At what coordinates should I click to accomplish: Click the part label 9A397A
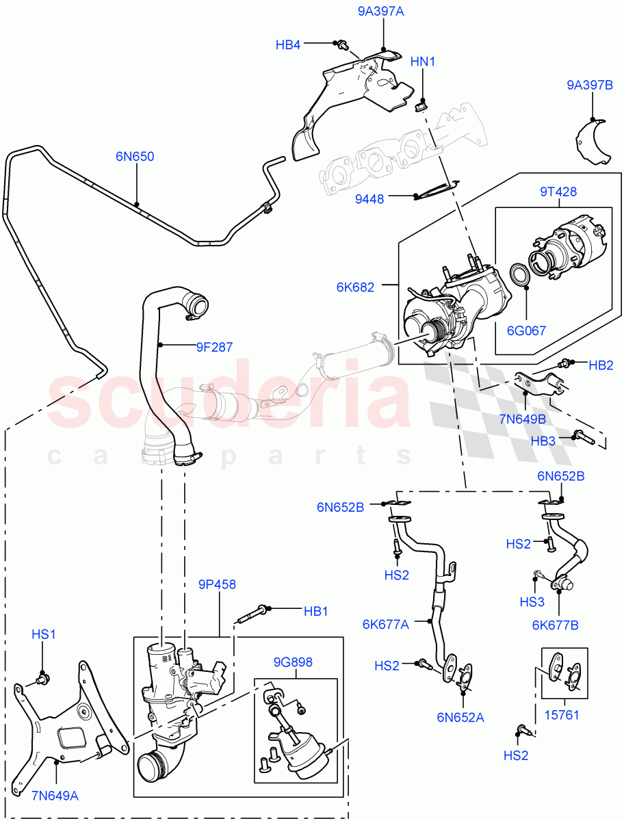click(381, 11)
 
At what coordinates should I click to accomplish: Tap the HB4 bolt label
click(288, 45)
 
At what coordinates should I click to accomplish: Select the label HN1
click(423, 62)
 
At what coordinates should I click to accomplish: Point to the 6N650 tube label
click(135, 157)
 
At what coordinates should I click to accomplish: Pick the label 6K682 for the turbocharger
click(355, 287)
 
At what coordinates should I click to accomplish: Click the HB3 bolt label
click(544, 441)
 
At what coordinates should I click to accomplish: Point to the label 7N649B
click(523, 418)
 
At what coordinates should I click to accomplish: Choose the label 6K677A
click(386, 624)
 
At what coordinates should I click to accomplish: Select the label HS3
click(532, 603)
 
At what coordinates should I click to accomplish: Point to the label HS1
click(43, 634)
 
